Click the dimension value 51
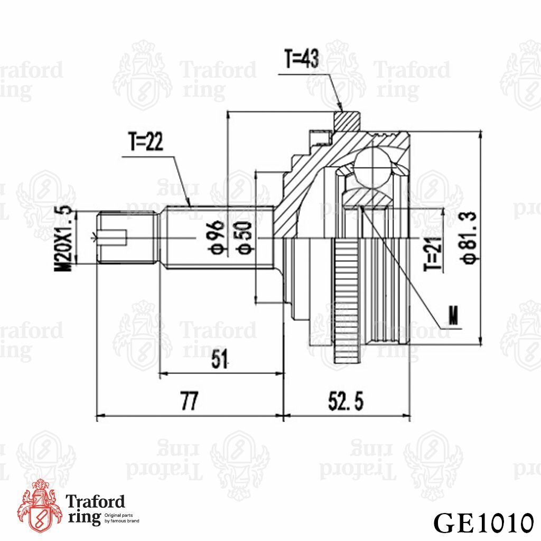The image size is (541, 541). [220, 360]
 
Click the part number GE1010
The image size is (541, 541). [482, 523]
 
